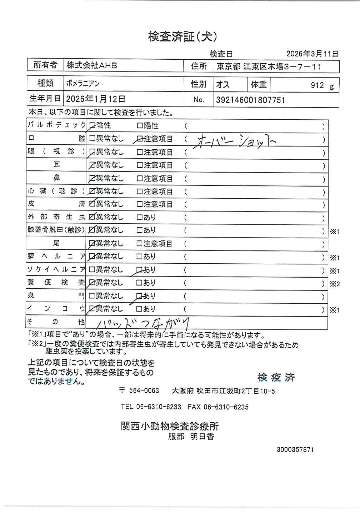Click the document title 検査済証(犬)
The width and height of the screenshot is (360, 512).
point(182,36)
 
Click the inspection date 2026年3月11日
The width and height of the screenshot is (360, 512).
point(312,54)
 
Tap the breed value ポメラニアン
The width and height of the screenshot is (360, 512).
point(83,84)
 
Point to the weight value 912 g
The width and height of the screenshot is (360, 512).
point(322,85)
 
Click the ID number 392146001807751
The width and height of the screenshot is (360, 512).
point(250,100)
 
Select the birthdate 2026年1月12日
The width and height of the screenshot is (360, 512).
point(96,99)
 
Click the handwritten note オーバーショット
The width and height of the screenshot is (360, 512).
point(234,141)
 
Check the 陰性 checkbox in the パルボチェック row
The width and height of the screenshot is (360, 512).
point(92,126)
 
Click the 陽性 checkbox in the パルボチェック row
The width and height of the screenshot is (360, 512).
point(140,126)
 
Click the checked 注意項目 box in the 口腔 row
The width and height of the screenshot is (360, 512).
point(140,139)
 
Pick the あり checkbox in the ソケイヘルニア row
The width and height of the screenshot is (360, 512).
point(140,270)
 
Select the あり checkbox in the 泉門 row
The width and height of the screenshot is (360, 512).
point(140,296)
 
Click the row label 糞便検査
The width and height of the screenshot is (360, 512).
point(56,283)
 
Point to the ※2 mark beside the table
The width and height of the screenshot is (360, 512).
point(335,284)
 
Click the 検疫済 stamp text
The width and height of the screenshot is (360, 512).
point(276,377)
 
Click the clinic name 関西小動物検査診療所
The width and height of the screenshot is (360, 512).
point(170,426)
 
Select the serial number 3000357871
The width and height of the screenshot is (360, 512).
point(295,449)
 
